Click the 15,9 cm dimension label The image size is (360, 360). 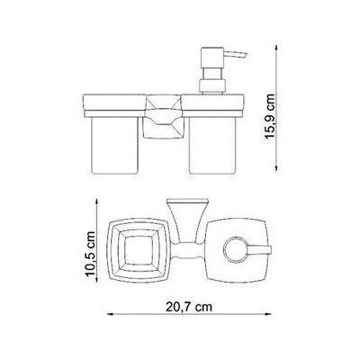pos(270,115)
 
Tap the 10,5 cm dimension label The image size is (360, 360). pos(90,254)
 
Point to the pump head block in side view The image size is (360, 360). pos(212,58)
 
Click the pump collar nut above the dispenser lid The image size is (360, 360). pos(211,85)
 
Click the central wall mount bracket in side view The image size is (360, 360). pos(163,116)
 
